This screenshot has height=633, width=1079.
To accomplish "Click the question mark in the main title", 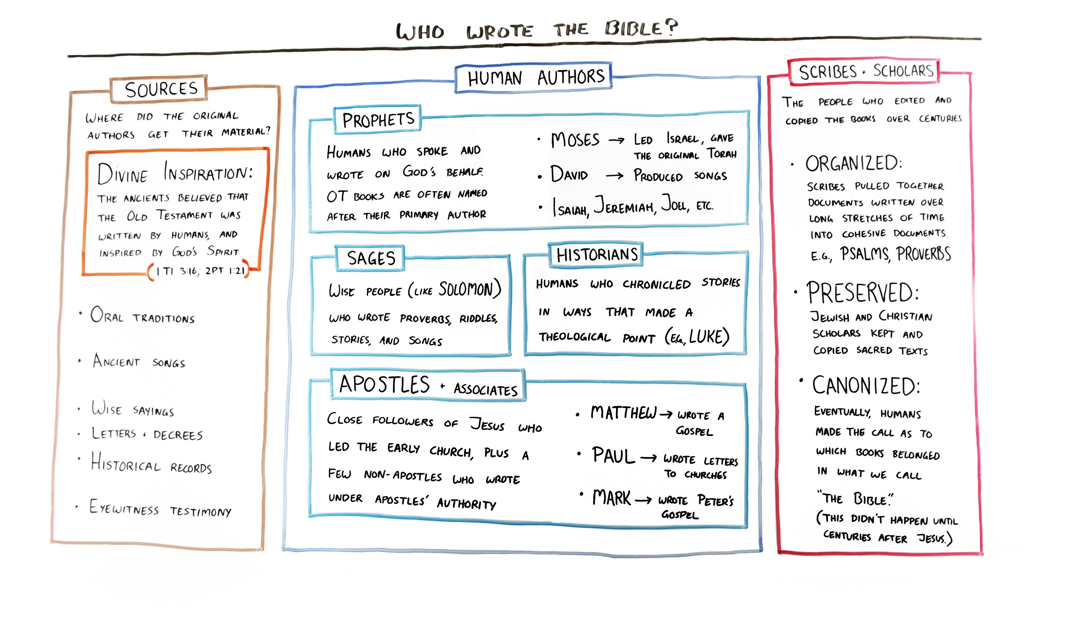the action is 671,27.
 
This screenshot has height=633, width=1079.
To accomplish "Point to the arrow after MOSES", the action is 617,141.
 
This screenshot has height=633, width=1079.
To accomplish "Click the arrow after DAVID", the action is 614,175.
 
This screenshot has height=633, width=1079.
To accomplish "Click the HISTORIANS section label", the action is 597,255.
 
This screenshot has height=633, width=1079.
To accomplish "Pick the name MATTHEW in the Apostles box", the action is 623,413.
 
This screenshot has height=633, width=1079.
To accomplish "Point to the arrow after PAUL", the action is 648,458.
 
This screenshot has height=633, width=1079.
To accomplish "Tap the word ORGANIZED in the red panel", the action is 854,163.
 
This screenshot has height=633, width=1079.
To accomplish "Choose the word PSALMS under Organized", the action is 865,254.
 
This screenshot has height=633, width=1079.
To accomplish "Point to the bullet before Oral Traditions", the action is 80,314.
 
